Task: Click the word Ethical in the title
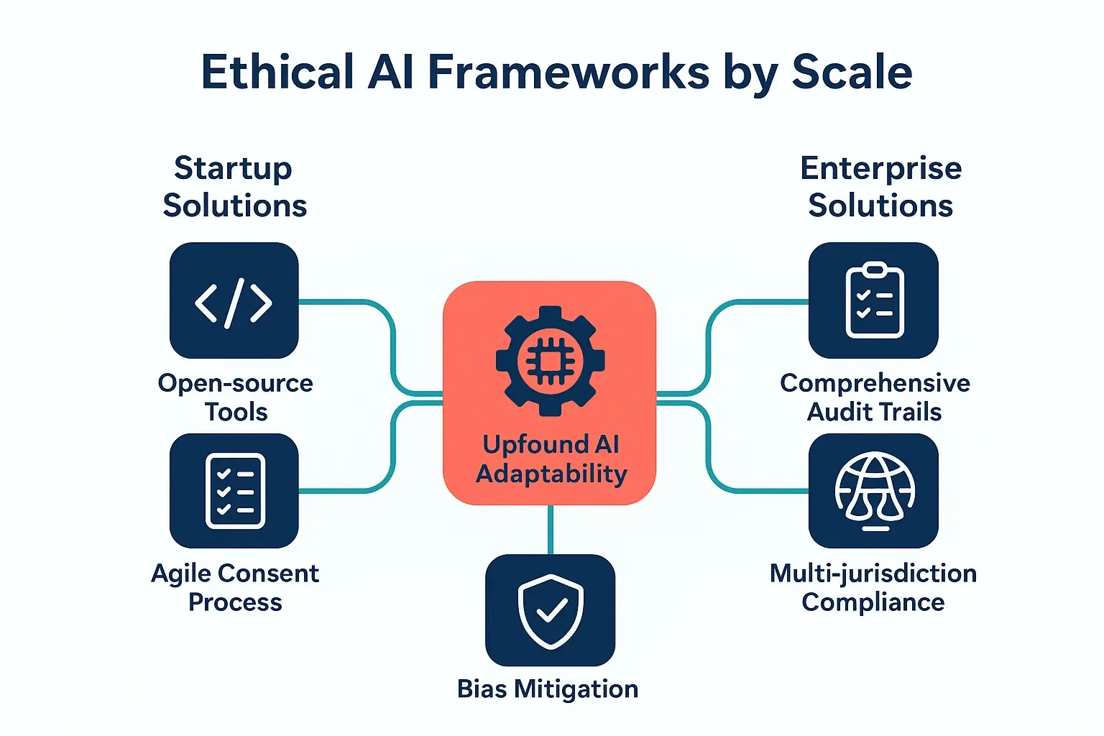(277, 72)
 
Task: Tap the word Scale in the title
(852, 72)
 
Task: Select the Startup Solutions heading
(234, 187)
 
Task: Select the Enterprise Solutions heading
(880, 187)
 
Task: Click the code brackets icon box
(234, 301)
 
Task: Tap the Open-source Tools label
(235, 397)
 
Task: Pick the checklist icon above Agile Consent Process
(234, 491)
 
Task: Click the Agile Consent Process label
(235, 587)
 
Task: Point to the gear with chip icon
(550, 361)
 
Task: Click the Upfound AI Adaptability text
(551, 459)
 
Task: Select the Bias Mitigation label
(548, 689)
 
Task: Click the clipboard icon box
(873, 301)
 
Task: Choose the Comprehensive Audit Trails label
(875, 397)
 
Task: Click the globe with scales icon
(873, 491)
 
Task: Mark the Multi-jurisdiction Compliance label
(873, 587)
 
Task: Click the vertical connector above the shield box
(550, 530)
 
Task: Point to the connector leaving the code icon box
(345, 302)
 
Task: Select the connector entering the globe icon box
(762, 491)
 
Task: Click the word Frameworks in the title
(568, 72)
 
